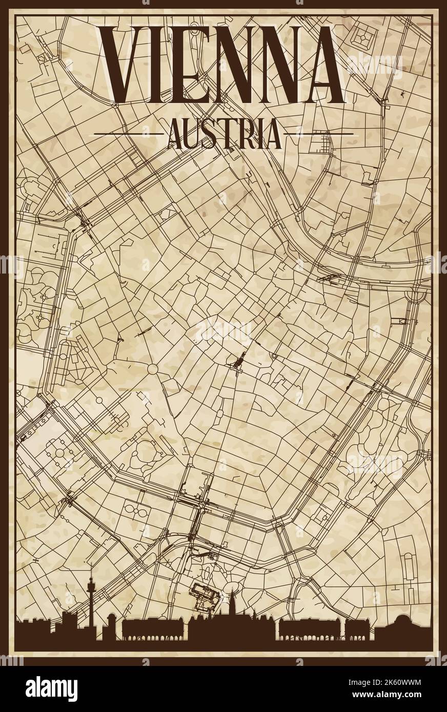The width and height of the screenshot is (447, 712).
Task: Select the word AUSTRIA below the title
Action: click(224, 134)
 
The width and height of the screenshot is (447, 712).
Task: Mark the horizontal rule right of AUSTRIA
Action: click(318, 134)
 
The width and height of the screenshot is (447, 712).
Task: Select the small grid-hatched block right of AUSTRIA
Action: click(324, 139)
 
